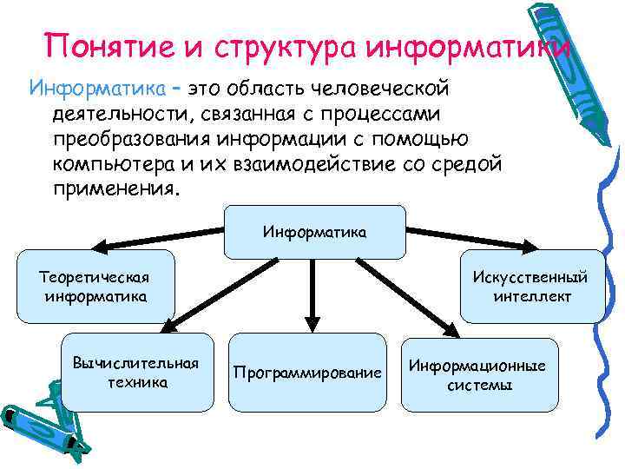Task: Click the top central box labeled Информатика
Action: pyautogui.click(x=314, y=232)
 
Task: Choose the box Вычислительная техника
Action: pyautogui.click(x=136, y=372)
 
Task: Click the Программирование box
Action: pyautogui.click(x=306, y=373)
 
